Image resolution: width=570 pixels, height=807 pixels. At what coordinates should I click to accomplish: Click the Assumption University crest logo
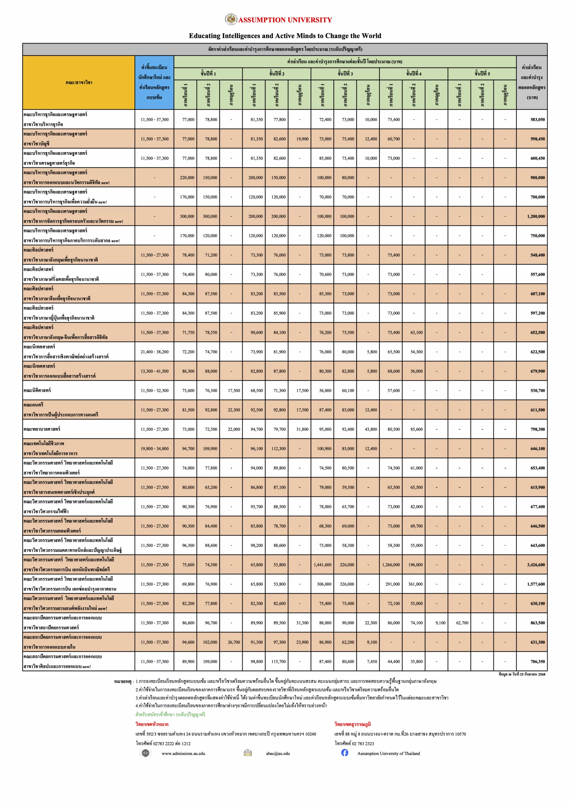(231, 19)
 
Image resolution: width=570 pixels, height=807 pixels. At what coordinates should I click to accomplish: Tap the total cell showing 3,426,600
(536, 565)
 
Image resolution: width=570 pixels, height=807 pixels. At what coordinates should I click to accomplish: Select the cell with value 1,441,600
(322, 565)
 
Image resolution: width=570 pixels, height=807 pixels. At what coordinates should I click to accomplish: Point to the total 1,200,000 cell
(536, 217)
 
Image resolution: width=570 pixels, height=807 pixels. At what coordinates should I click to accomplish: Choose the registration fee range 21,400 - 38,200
(155, 352)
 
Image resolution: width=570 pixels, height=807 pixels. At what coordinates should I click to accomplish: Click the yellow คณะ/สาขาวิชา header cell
(79, 83)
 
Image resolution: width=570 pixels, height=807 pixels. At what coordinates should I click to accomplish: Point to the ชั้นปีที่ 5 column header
(482, 74)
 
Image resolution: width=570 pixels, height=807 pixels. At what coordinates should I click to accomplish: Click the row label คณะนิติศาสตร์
(37, 390)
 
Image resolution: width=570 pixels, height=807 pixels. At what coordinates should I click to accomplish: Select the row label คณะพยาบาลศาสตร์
(42, 429)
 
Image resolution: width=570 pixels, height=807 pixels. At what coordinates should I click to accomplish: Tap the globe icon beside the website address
(145, 753)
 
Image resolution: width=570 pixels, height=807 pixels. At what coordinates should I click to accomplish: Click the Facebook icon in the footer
(345, 752)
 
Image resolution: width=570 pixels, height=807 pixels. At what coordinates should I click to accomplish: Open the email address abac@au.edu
(278, 753)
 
